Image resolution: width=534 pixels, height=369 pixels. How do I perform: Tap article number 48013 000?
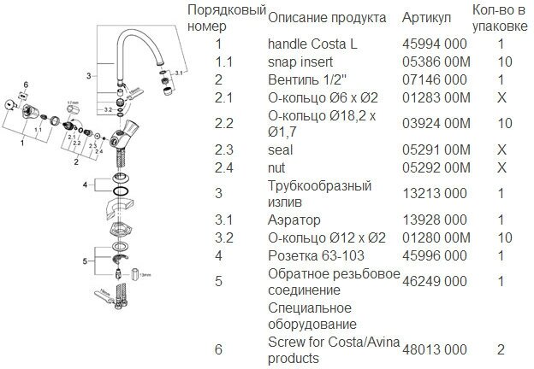434,349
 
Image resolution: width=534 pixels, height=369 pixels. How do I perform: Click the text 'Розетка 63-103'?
311,255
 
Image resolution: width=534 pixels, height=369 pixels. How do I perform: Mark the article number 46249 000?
434,279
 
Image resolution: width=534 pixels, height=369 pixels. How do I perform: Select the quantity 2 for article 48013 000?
500,349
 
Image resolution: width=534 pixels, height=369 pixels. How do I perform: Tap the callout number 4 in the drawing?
84,184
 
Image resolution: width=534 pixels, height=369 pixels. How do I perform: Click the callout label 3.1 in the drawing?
179,76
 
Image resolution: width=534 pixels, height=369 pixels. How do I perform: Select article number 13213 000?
434,193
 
